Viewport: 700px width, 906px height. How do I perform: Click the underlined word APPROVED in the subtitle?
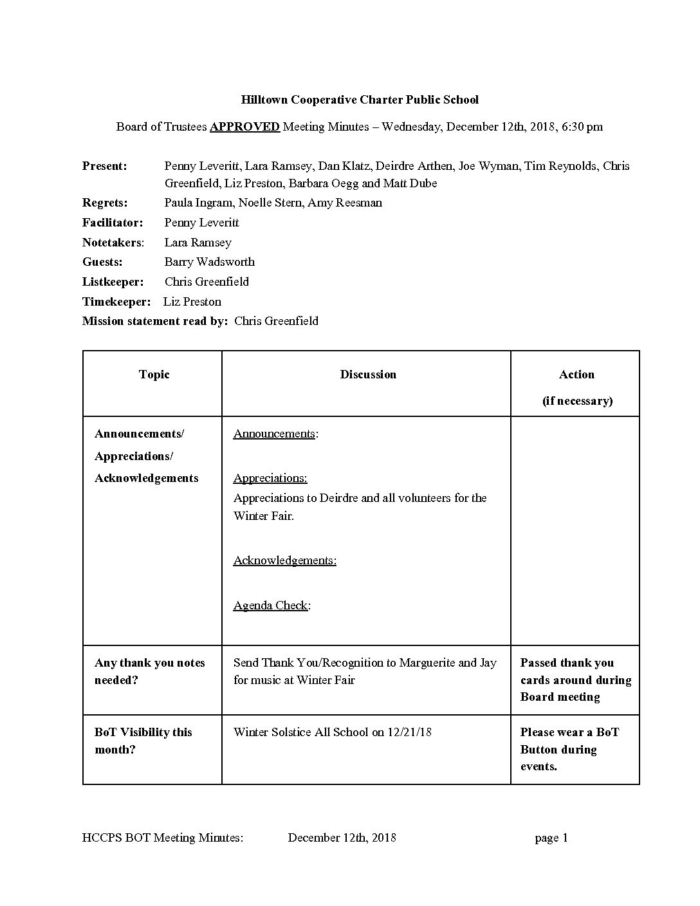(244, 127)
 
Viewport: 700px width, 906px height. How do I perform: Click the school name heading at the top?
(360, 100)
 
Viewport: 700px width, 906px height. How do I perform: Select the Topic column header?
(154, 374)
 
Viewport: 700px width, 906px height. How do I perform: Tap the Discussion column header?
(368, 374)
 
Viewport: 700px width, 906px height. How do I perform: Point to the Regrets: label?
(105, 203)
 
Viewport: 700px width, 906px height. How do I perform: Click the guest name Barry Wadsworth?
(209, 262)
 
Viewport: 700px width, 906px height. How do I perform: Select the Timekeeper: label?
(116, 302)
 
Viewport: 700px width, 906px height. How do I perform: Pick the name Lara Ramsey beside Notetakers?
(198, 243)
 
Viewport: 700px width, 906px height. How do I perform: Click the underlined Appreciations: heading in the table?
(270, 478)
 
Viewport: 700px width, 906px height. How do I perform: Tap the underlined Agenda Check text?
(270, 606)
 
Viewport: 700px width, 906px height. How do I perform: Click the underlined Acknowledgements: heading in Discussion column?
(285, 560)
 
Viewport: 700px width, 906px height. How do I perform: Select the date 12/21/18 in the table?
(409, 732)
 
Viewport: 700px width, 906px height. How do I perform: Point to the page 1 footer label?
(551, 838)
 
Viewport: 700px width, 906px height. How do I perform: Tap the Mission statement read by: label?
(155, 321)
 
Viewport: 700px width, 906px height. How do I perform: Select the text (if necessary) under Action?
(577, 401)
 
